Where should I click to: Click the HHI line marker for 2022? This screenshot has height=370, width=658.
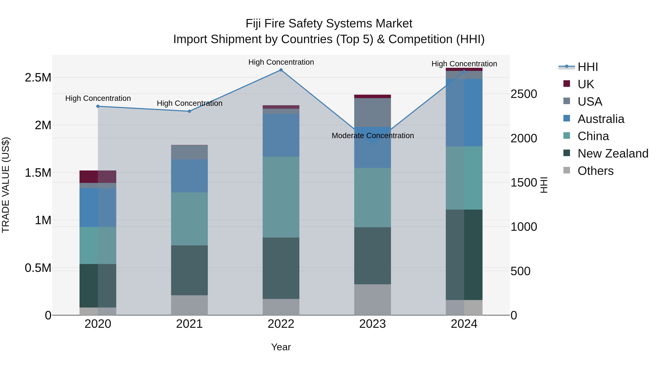coord(281,70)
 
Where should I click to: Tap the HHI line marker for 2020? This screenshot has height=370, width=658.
coord(98,106)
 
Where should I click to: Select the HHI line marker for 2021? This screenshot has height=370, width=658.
coord(189,111)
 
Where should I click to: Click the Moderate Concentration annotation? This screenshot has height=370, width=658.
coord(373,136)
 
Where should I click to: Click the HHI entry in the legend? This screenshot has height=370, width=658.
coord(587,67)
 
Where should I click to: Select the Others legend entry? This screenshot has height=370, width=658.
coord(595,171)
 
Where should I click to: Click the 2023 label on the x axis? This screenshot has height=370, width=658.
coord(373,324)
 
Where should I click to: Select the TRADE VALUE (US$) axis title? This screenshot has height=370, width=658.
coord(6,185)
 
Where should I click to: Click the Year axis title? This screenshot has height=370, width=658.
coord(281,347)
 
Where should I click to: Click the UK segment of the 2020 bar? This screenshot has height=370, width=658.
coord(98,177)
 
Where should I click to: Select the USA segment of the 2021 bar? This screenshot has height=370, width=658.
coord(189,152)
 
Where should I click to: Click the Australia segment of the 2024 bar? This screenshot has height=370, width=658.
coord(464,113)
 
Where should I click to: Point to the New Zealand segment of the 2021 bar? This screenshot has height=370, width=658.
coord(189,270)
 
